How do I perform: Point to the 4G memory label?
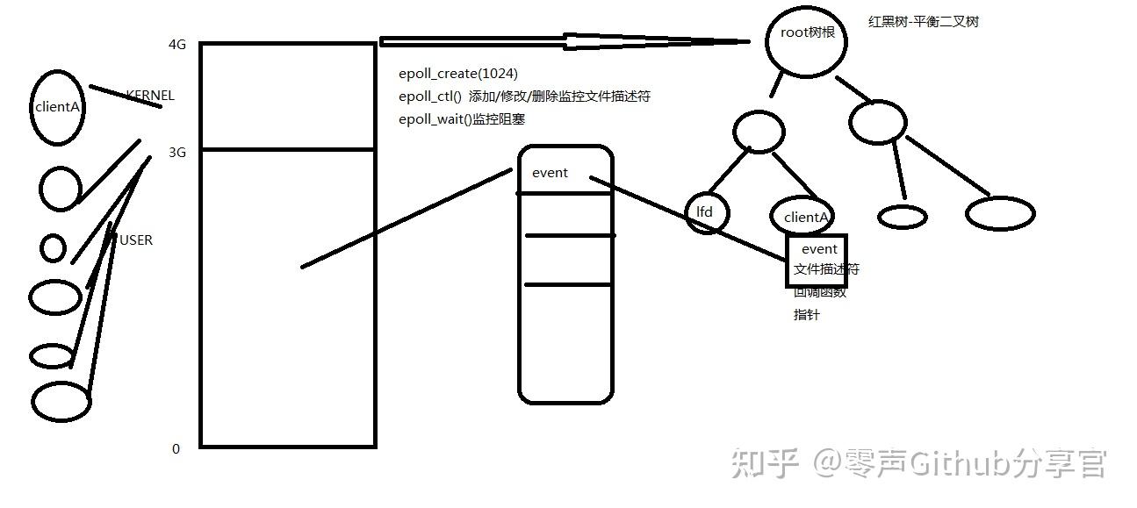pos(177,45)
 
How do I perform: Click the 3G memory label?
pos(177,153)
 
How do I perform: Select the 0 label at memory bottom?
pos(176,448)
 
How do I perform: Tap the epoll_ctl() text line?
pos(524,97)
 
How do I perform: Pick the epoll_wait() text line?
pos(461,119)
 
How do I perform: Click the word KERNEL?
pos(150,96)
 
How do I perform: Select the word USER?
pos(135,240)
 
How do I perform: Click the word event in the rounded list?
pos(550,173)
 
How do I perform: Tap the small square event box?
pos(817,260)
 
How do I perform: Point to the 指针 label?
pos(806,314)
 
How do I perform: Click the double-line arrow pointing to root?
pos(562,41)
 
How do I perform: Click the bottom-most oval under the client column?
pos(61,402)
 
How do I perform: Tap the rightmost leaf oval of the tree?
pos(1000,212)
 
